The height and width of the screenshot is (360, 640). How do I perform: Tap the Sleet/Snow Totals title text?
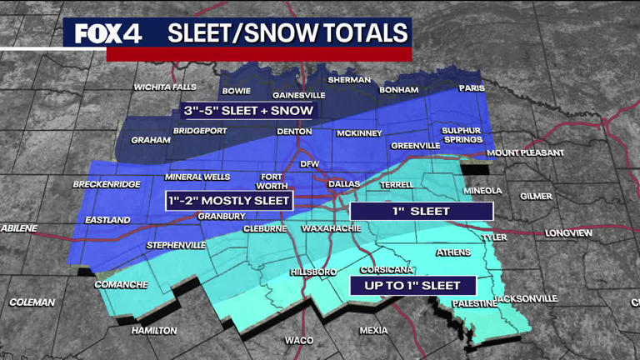coord(287,32)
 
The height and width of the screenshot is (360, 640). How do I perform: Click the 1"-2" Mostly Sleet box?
coord(229,201)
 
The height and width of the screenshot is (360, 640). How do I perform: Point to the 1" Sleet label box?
coord(421,211)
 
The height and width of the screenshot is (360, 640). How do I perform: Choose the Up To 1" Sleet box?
coord(412,286)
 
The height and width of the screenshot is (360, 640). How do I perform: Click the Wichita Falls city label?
coord(166,87)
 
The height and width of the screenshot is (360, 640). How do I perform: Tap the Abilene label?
coord(19,227)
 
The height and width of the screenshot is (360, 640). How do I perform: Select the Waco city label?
coord(299,340)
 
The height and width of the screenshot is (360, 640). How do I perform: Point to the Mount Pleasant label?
coord(525,153)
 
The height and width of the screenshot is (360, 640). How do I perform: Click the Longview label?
coord(569,233)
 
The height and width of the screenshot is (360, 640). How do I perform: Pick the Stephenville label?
coord(177,246)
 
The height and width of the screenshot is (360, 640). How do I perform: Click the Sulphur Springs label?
coord(462,135)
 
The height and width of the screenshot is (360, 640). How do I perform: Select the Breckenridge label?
coord(107,184)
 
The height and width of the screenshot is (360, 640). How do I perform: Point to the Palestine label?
coord(474,304)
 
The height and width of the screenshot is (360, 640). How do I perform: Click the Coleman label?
coord(32,302)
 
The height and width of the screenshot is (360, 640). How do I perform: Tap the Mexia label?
coord(373,331)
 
